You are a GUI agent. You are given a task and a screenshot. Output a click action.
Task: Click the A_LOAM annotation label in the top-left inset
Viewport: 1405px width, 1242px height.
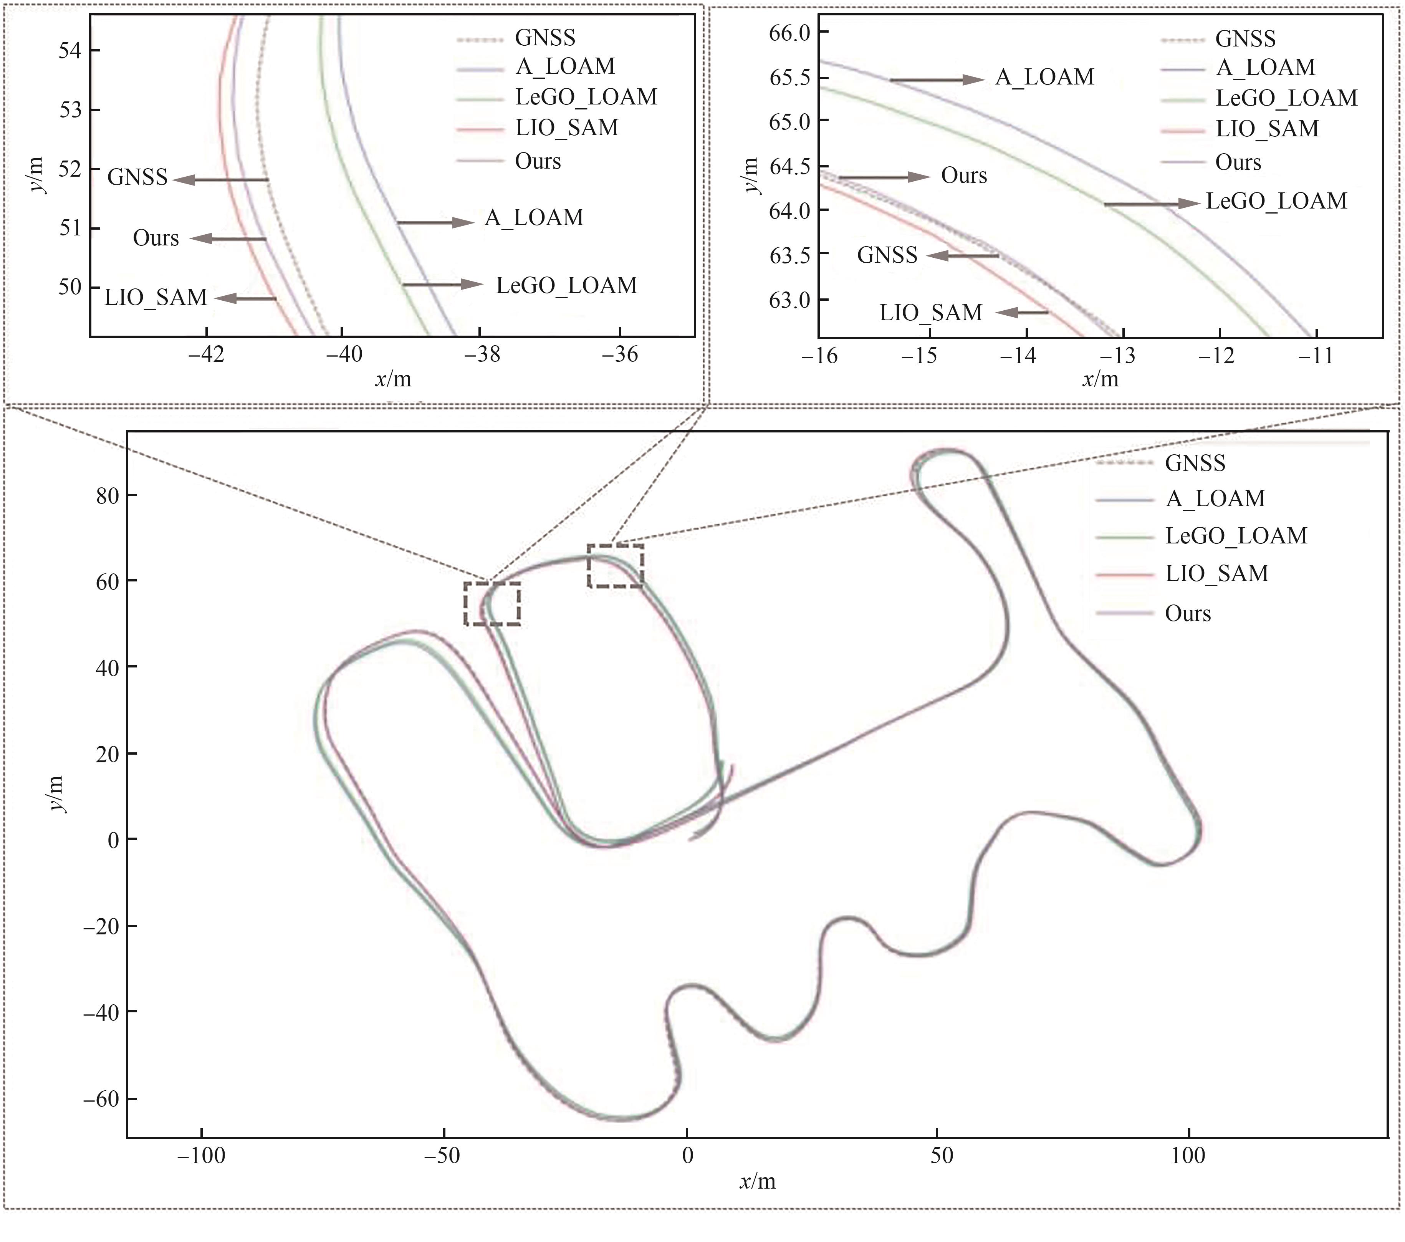(534, 218)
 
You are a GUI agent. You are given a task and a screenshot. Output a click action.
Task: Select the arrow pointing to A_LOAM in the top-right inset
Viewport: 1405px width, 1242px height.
(937, 80)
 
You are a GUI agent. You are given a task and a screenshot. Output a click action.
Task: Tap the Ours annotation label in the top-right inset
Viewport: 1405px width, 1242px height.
(964, 176)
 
